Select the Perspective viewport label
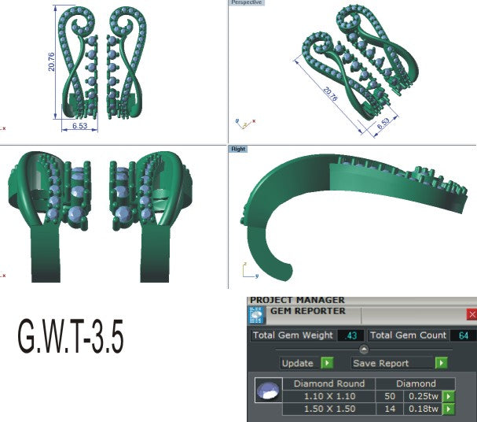(247, 3)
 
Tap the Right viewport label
(238, 149)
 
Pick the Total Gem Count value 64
(464, 336)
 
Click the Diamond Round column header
(330, 383)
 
